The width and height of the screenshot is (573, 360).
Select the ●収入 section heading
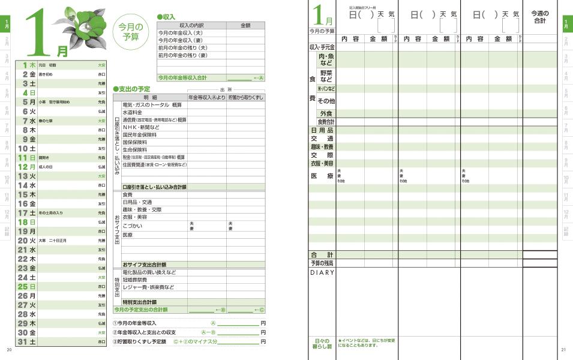[166, 17]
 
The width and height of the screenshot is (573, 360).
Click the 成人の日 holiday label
[46, 167]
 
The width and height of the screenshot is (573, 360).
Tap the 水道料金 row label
[132, 112]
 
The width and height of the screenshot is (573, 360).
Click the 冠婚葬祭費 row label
[136, 280]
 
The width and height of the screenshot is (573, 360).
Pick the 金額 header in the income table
[245, 25]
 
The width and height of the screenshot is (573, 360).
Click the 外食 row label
[326, 113]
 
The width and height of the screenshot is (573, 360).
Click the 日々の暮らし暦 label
[322, 344]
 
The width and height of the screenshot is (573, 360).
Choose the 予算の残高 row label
[322, 263]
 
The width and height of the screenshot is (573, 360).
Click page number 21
[563, 350]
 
